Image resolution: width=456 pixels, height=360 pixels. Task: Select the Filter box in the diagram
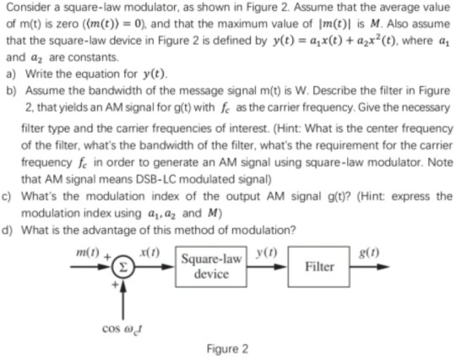(320, 266)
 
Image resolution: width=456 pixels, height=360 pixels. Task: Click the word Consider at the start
(28, 8)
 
